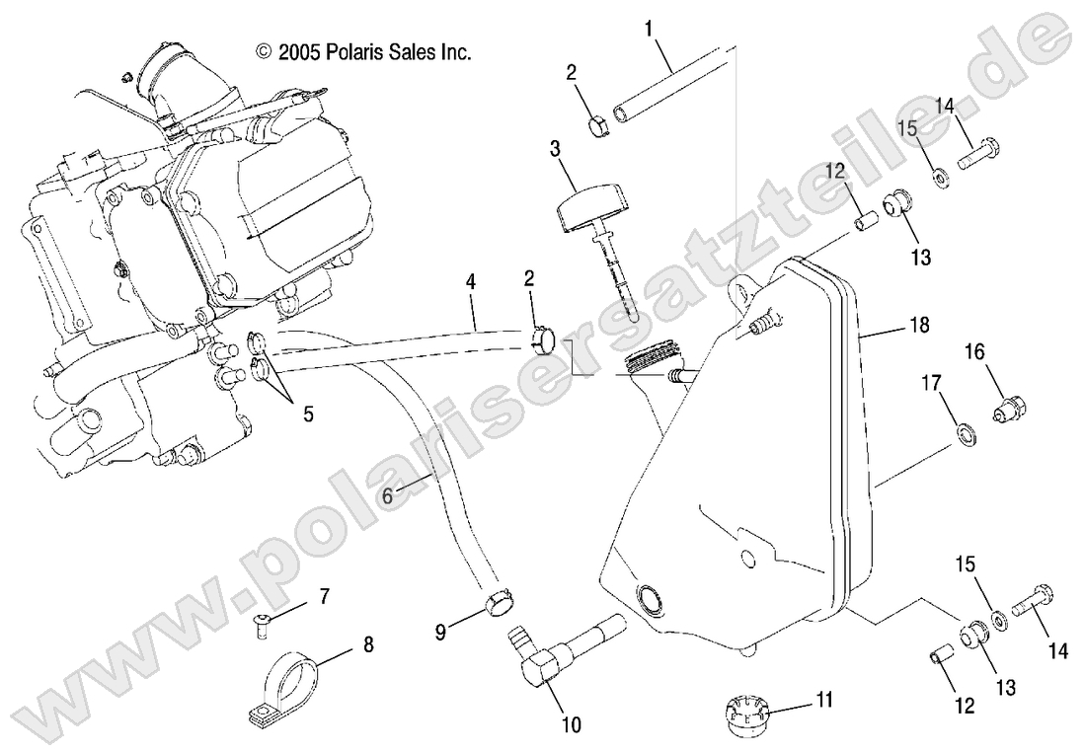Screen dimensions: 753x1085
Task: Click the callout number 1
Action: pos(650,30)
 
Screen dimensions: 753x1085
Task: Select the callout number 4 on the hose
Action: pos(471,282)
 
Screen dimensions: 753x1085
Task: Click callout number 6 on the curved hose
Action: pos(387,497)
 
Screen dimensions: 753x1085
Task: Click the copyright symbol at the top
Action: pos(263,51)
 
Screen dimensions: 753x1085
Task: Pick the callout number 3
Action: pos(555,150)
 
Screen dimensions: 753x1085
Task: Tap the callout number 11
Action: pos(824,700)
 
